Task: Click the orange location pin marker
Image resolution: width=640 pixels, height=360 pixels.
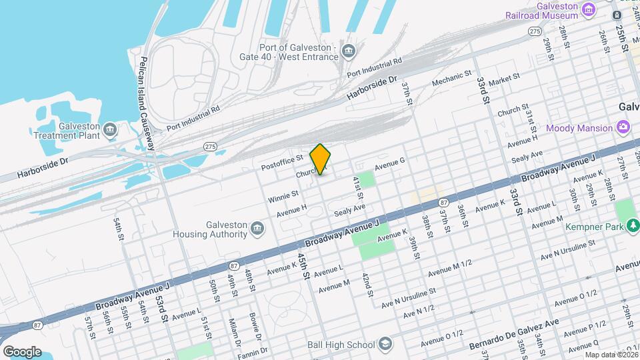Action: point(321,159)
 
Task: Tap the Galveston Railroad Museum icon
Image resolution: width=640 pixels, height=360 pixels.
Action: point(588,9)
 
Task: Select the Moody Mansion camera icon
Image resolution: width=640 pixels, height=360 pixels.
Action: point(623,127)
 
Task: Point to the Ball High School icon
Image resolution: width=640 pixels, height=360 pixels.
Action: point(385,344)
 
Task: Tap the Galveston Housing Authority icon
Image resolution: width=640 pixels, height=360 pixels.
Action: point(257,230)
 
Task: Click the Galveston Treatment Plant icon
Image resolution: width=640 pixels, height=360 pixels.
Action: point(111,127)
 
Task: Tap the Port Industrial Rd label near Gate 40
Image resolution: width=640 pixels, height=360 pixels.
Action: point(374,66)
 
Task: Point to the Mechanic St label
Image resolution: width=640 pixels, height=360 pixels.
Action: point(452,79)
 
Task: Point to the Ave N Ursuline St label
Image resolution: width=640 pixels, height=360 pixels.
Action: point(409,297)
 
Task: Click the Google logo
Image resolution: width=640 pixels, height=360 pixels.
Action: point(22,351)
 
